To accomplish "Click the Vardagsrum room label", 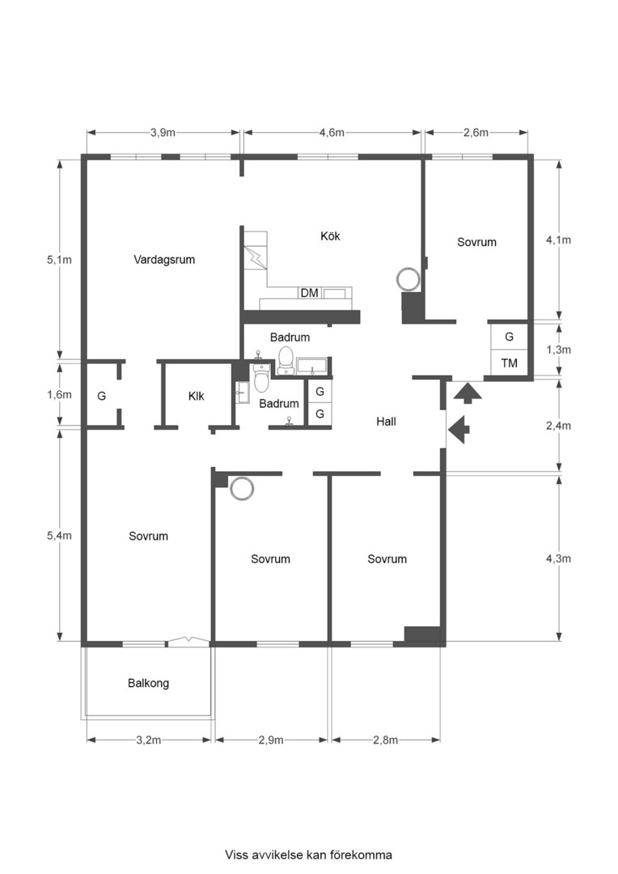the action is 164,260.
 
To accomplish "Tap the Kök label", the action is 330,235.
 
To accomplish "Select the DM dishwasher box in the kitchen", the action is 309,293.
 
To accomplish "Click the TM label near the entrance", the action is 510,363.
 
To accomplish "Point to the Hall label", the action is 386,422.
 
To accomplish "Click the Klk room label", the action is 196,396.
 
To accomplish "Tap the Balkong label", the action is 148,683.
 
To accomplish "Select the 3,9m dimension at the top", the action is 163,133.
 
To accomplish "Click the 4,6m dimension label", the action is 332,133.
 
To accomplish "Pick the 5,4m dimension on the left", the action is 59,536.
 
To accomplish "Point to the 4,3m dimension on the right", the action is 558,558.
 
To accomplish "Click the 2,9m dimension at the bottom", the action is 271,740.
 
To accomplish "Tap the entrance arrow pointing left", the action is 459,429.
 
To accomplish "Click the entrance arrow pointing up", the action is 467,392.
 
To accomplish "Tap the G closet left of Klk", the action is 101,397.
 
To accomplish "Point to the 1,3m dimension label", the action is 558,350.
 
